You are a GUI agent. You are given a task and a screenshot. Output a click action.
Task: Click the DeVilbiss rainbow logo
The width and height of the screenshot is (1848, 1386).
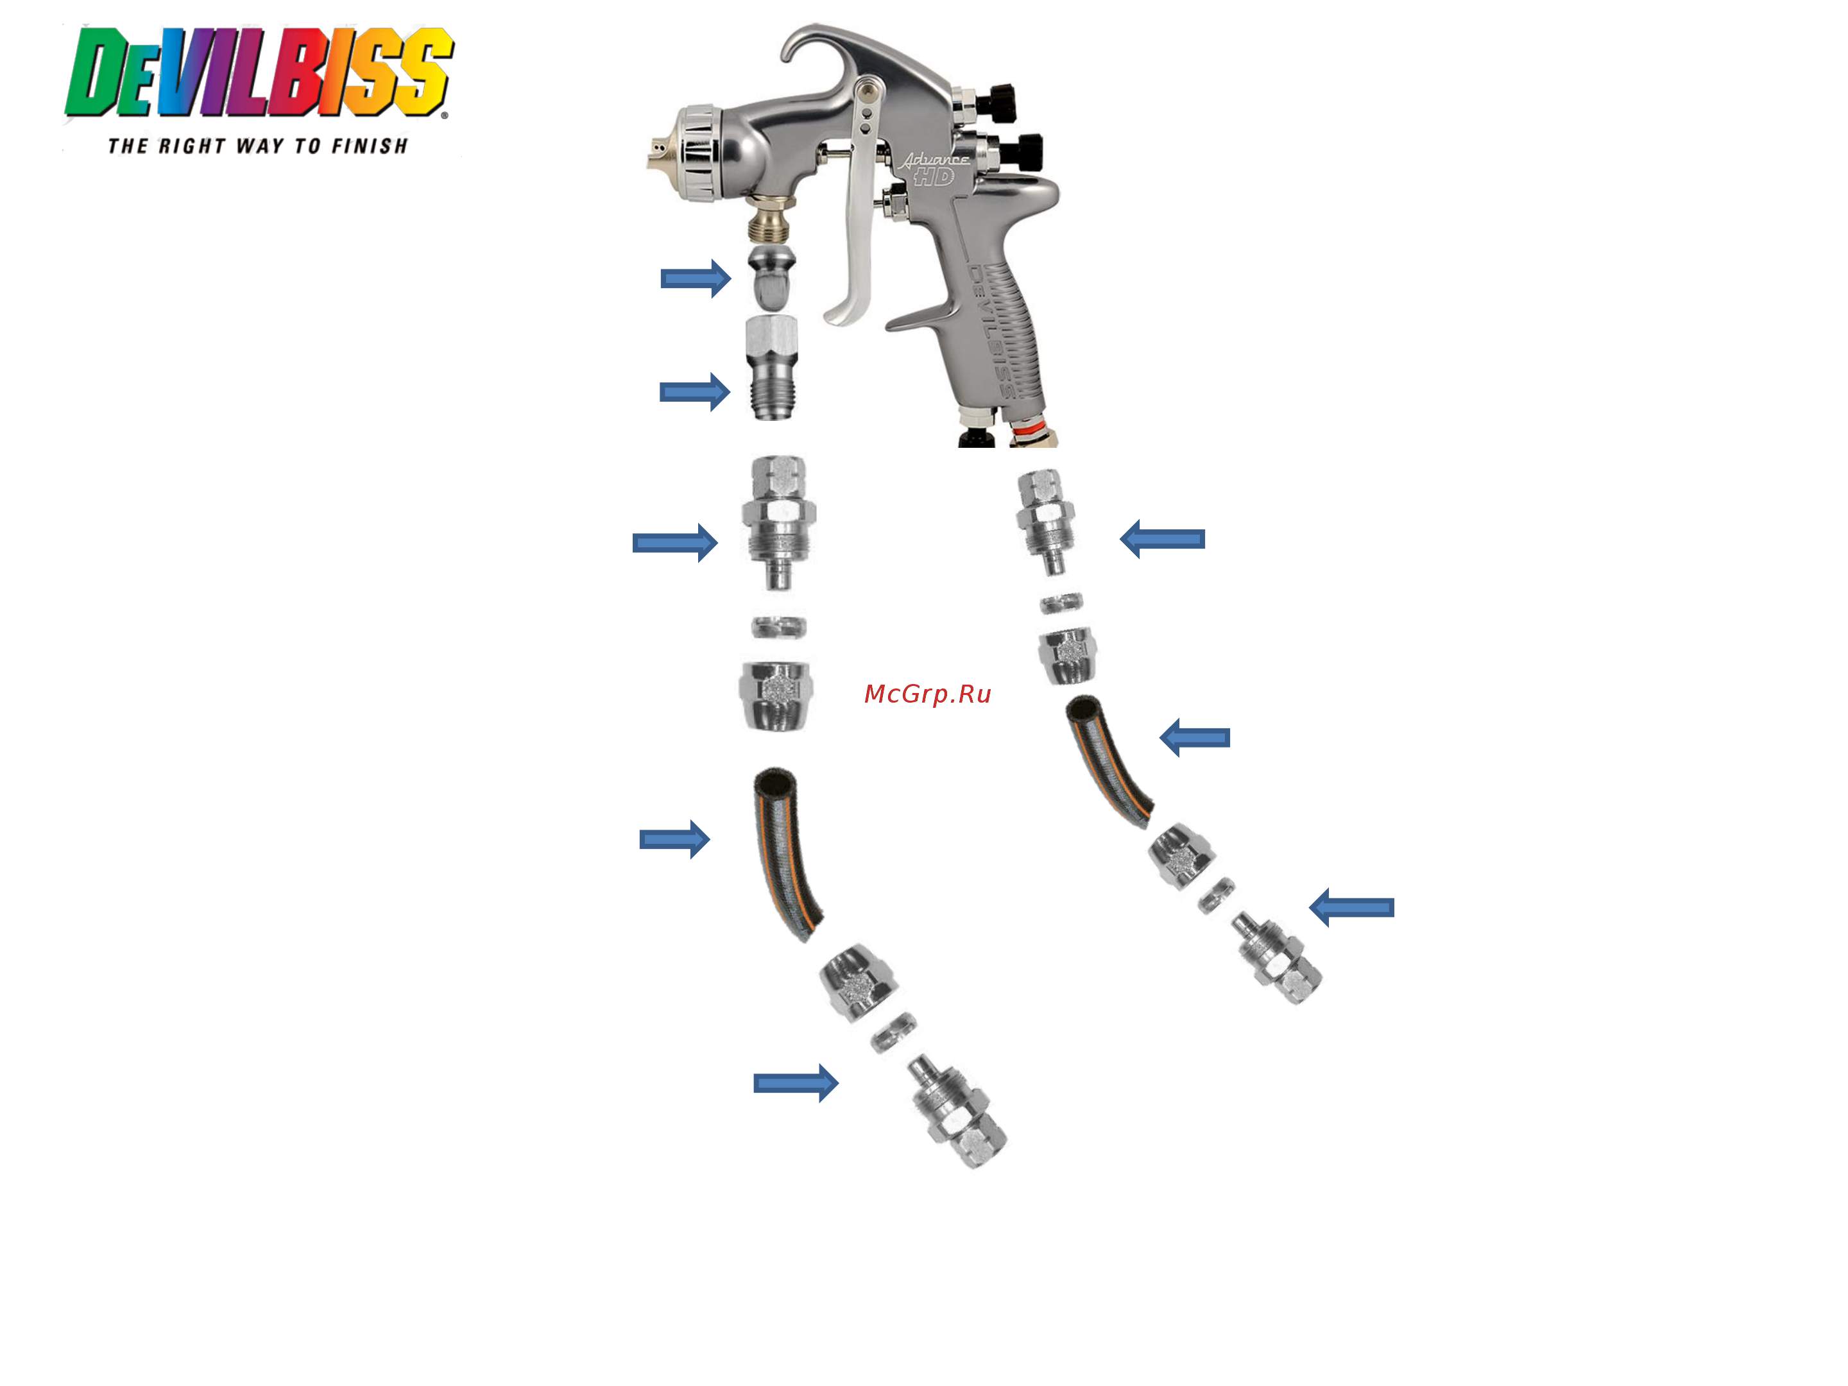click(259, 74)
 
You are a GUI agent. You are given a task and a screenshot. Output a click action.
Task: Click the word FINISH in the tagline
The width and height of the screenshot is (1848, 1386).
click(369, 146)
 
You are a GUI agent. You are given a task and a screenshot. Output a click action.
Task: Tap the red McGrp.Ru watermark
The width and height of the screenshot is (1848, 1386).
click(927, 694)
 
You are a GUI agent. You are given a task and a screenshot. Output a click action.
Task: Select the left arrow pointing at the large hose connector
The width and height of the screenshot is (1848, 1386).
click(675, 543)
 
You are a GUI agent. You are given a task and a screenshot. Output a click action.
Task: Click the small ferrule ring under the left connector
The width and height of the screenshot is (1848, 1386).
click(778, 626)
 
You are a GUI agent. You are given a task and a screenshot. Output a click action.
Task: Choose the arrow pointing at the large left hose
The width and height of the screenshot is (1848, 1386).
click(675, 839)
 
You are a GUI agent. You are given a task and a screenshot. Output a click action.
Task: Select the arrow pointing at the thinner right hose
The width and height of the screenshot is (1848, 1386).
click(1195, 737)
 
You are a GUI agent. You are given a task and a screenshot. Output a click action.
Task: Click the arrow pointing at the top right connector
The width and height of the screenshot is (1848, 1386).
click(1162, 539)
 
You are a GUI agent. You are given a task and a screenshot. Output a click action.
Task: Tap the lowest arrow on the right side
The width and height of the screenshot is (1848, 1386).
click(1351, 907)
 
